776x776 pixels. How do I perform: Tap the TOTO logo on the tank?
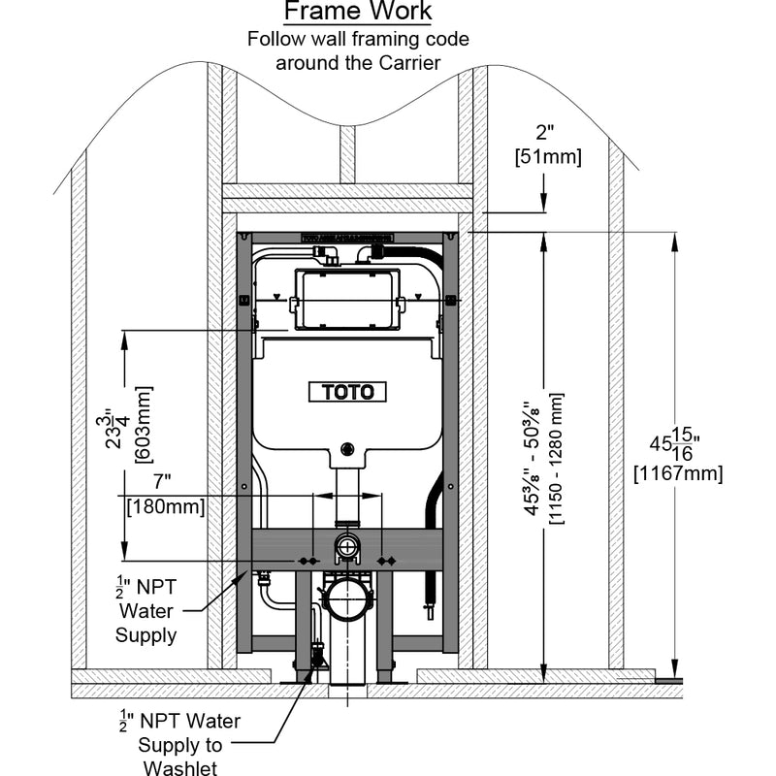(347, 392)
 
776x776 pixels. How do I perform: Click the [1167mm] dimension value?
(676, 474)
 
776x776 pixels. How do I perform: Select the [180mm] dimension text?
(166, 505)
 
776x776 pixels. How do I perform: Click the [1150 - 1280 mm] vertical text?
(556, 458)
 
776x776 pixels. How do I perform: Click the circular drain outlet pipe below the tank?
(346, 597)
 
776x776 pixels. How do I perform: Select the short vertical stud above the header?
(347, 155)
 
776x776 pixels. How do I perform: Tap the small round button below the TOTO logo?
(346, 450)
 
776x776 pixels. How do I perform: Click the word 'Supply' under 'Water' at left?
(145, 635)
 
